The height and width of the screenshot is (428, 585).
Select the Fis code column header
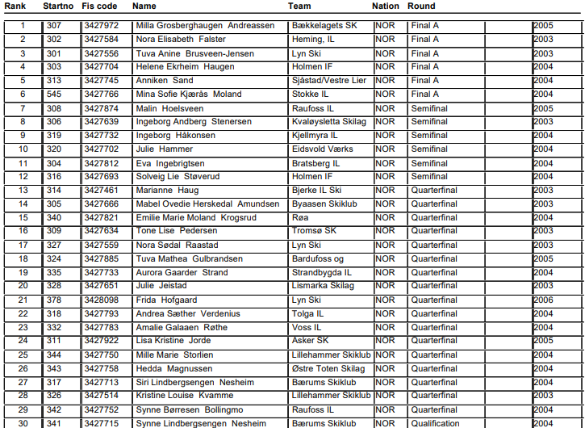tap(99, 6)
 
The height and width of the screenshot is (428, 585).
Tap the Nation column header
tap(386, 6)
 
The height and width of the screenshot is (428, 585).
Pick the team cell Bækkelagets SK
tap(324, 26)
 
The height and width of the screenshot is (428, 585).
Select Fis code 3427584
tap(101, 40)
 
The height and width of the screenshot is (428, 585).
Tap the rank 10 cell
tap(23, 149)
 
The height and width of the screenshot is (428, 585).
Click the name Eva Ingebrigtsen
tap(174, 163)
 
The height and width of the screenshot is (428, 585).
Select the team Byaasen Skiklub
tap(324, 204)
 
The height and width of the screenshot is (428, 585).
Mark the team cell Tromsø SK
tap(314, 232)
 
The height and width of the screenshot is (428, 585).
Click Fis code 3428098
tap(101, 300)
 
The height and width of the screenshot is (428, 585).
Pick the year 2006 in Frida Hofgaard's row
tap(543, 300)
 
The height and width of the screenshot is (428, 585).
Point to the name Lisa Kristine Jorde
tap(173, 342)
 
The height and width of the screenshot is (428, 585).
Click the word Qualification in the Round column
tap(436, 424)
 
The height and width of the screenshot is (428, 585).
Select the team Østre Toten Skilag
tap(328, 369)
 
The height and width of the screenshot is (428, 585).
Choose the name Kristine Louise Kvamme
tap(184, 397)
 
